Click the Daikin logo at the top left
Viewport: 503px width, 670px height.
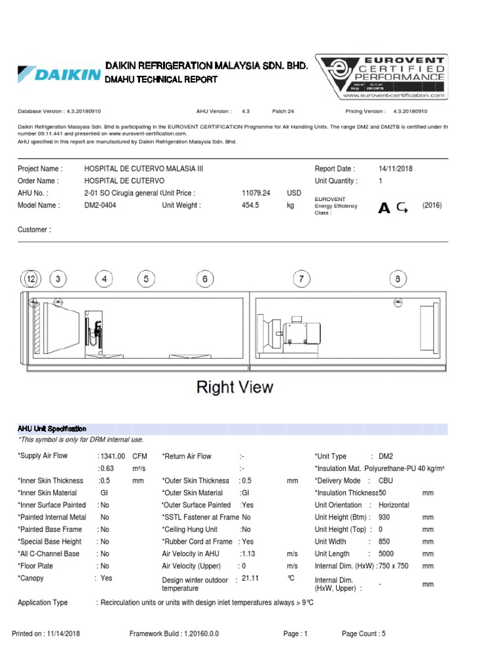[59, 73]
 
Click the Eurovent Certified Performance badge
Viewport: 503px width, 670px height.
[382, 77]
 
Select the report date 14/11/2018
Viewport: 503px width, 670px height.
[396, 168]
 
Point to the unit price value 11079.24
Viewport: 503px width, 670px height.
[256, 193]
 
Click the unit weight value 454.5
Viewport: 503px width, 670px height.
[250, 205]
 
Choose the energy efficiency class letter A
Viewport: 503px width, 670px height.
[384, 208]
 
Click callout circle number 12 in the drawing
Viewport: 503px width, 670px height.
[31, 279]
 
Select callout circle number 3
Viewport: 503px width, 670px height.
[58, 279]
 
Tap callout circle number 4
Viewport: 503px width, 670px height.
[103, 279]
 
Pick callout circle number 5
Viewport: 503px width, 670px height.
[146, 279]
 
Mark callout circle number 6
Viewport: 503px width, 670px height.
[205, 279]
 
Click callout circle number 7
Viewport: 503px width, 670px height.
[301, 279]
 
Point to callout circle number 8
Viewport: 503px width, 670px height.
[398, 279]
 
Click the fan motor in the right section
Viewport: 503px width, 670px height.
[303, 334]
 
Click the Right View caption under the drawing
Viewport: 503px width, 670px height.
[235, 387]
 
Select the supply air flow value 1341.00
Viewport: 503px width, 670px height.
[112, 456]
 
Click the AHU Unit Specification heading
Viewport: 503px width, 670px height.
[52, 429]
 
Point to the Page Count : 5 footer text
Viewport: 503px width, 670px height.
[363, 634]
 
